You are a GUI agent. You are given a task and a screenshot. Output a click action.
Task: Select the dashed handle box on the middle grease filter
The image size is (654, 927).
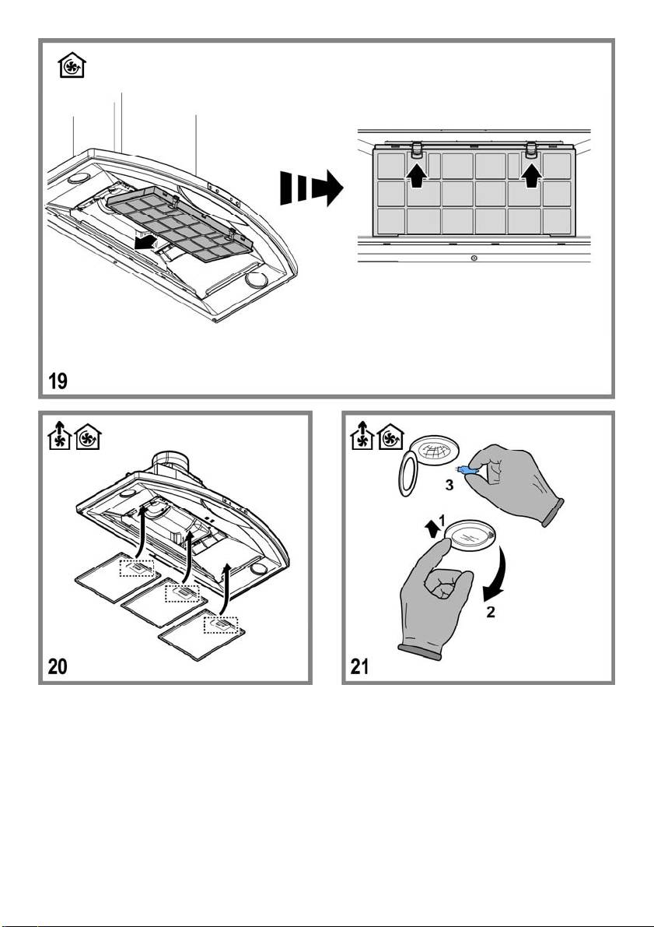click(182, 594)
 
